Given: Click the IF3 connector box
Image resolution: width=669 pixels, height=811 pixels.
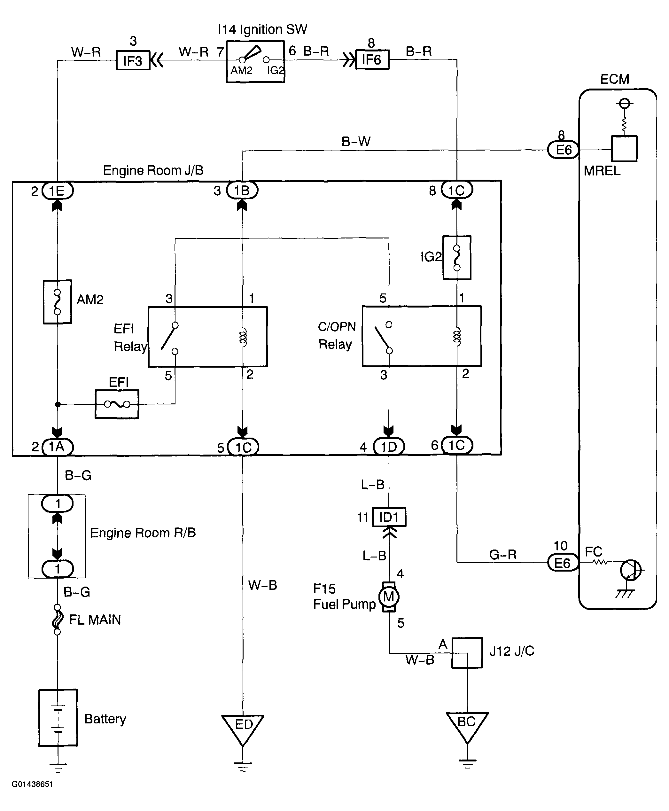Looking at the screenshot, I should [133, 60].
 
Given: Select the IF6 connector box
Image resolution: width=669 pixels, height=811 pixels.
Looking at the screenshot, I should [372, 59].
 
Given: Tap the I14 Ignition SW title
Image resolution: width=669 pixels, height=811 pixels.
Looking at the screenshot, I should [262, 30].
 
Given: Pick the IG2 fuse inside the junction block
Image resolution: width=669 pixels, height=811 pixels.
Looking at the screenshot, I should [457, 257].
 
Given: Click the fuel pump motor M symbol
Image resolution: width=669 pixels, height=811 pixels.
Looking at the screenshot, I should [389, 597].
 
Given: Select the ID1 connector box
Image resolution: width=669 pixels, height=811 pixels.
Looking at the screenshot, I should [389, 517].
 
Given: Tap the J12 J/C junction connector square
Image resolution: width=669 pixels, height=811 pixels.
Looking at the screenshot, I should [467, 652].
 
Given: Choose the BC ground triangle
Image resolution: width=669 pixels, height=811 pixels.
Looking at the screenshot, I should [467, 725].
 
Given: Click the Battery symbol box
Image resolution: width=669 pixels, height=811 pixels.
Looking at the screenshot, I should [58, 718].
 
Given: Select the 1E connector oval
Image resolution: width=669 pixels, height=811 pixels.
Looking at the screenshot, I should [58, 191].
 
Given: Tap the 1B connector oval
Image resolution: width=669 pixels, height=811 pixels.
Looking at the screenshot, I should [242, 191].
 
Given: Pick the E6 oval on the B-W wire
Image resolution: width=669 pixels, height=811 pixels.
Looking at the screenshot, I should [563, 150].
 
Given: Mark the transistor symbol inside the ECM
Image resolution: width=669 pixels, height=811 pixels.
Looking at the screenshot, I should [630, 570].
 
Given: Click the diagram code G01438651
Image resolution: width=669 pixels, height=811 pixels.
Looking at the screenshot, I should [32, 784].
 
